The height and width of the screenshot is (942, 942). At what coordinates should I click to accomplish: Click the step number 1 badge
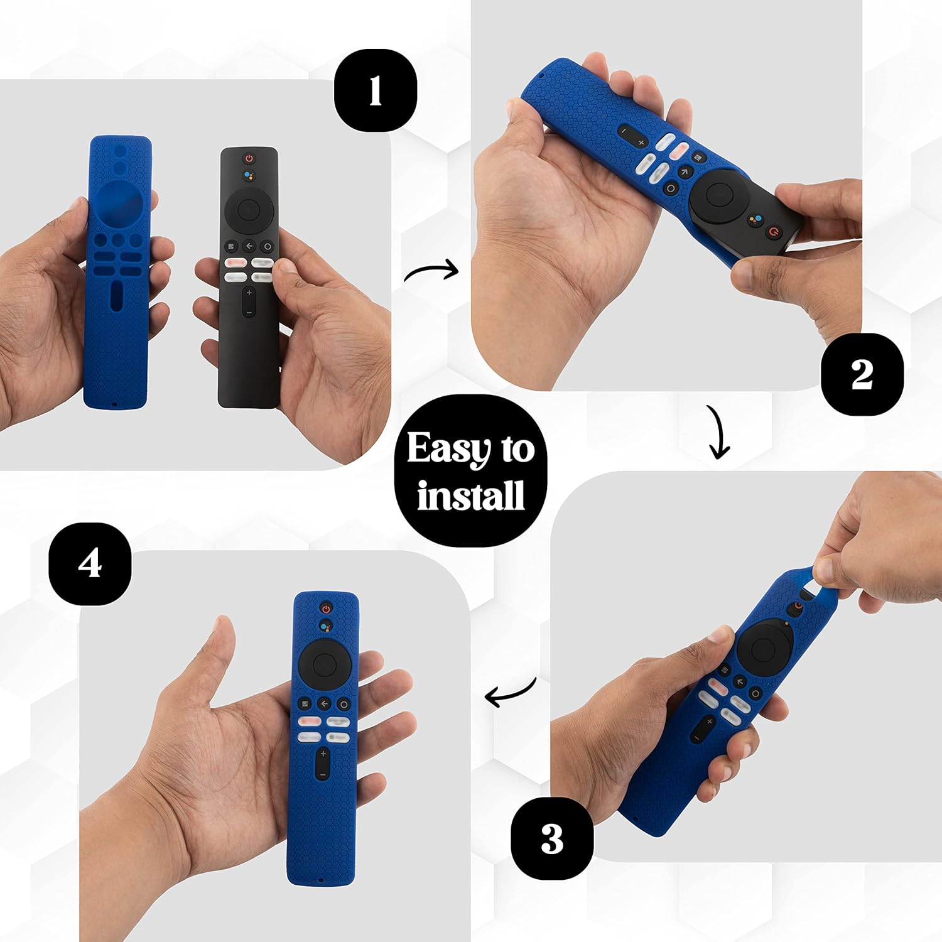(375, 90)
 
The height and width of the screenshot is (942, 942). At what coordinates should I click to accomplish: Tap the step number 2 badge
(862, 374)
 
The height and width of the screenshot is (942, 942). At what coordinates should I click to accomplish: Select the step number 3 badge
(551, 838)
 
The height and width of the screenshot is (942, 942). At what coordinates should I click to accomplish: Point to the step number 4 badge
(90, 563)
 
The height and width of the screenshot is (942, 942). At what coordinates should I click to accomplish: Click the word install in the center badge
(471, 495)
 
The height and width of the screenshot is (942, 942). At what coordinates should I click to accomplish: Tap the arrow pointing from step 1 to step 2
(431, 272)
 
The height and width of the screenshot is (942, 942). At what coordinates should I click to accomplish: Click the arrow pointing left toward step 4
(510, 693)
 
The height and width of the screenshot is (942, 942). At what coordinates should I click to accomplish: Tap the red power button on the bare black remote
(249, 158)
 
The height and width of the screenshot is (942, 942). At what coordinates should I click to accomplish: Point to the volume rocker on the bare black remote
(249, 302)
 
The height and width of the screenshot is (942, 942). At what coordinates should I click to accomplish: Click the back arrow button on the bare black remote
(249, 246)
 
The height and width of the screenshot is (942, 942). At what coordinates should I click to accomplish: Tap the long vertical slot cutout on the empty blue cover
(117, 296)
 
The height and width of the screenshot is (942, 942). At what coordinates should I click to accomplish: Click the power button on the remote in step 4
(325, 608)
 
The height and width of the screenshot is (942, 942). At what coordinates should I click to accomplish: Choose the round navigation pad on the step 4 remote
(324, 663)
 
